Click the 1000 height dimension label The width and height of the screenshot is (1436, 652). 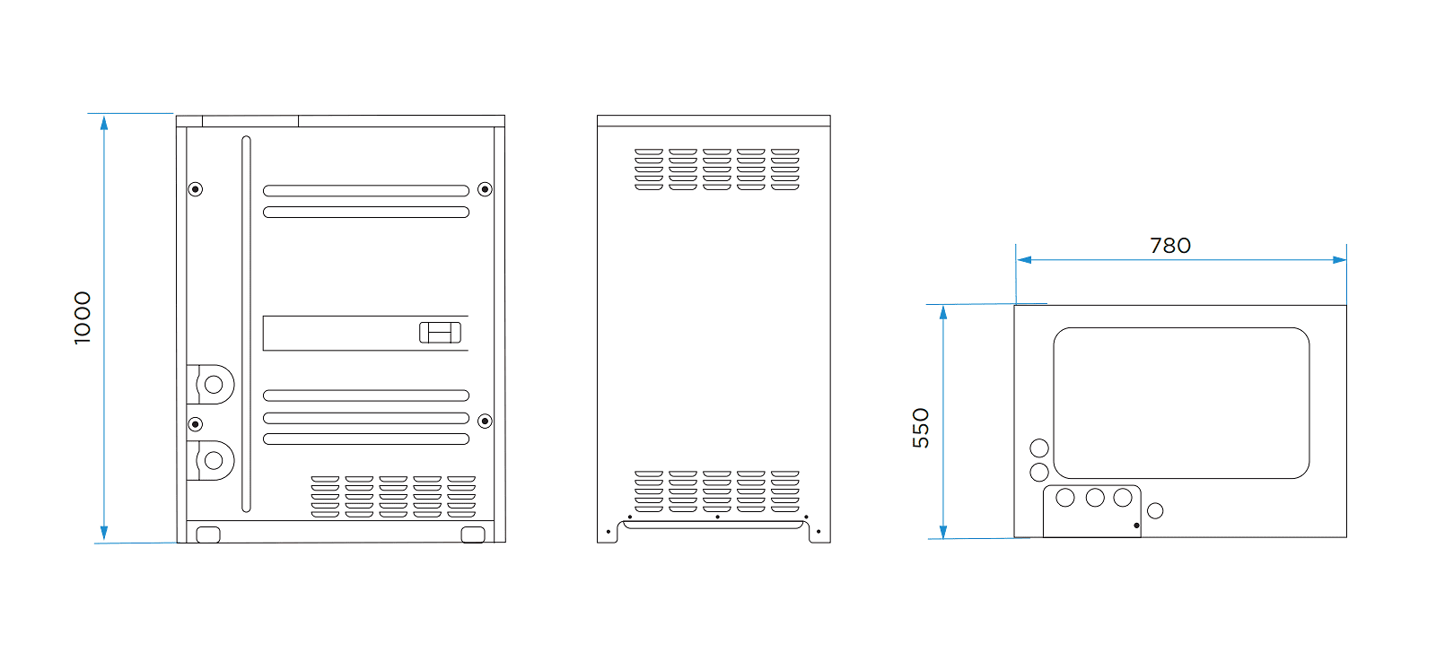(x=83, y=317)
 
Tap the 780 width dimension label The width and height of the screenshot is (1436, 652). (x=1170, y=246)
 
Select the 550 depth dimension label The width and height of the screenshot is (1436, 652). (x=921, y=428)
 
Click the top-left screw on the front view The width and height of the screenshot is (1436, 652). (x=196, y=189)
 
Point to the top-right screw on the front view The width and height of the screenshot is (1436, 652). (x=485, y=189)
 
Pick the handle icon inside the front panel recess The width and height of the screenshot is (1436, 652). (x=440, y=333)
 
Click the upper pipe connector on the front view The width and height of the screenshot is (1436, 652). (x=213, y=385)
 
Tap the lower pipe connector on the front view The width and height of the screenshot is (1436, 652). (x=213, y=460)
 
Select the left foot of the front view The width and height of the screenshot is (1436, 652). (x=207, y=535)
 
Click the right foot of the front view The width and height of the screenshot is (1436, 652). (x=472, y=535)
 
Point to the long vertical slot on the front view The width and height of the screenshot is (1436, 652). (x=246, y=324)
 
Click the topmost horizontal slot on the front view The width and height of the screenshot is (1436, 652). (x=366, y=191)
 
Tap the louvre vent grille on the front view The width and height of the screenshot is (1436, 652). (x=393, y=497)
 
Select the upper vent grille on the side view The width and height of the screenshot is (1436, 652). (x=716, y=170)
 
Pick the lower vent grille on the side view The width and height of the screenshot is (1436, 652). (x=716, y=491)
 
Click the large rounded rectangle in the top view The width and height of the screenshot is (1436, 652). (x=1181, y=403)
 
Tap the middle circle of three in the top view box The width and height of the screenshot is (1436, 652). (x=1095, y=497)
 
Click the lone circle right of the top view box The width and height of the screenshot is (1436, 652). (x=1155, y=510)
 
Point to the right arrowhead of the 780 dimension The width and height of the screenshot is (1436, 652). (x=1340, y=260)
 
